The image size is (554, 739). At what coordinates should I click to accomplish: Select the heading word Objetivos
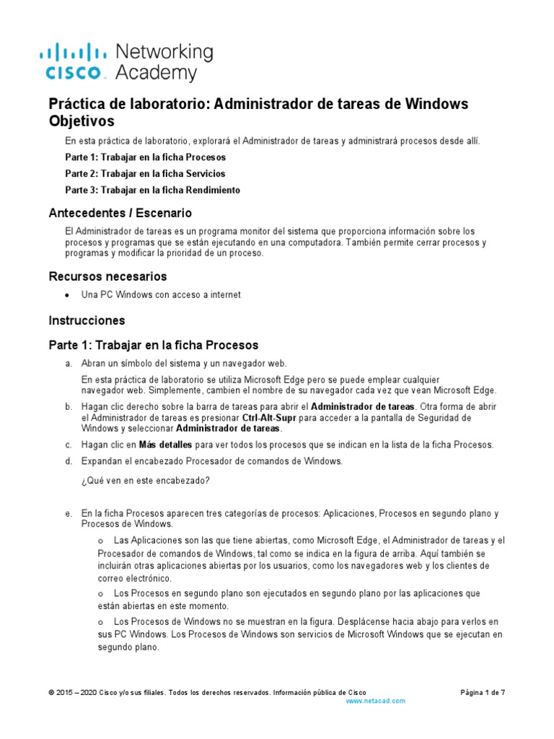pos(81,121)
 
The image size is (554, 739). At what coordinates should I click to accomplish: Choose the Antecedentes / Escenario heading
pos(120,213)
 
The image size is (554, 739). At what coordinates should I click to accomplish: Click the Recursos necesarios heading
pos(107,276)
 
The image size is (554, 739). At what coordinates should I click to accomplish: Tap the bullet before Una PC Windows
pos(67,295)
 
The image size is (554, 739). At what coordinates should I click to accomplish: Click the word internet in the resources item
pos(224,294)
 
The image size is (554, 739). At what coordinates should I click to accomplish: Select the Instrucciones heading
pos(87,320)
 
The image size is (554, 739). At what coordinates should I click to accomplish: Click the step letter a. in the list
pos(68,363)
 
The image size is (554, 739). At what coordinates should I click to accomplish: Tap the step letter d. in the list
pos(68,460)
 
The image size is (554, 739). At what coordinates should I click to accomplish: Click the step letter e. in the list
pos(68,513)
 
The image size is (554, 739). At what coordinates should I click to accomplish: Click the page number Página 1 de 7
pos(483,692)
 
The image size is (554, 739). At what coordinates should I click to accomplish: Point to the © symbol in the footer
pos(51,693)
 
